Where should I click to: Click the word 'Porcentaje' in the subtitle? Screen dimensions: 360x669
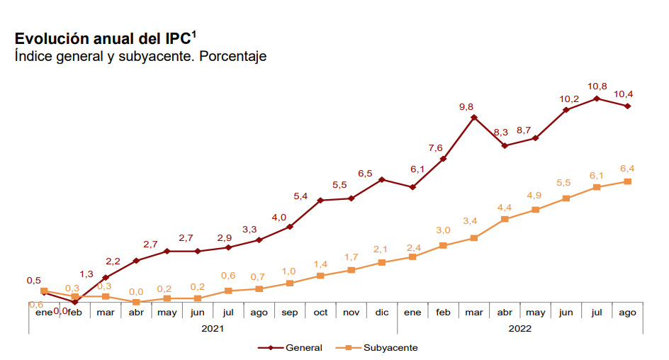[x=232, y=56]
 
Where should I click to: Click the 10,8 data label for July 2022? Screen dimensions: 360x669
[x=597, y=86]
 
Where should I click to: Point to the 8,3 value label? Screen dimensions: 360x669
[x=500, y=132]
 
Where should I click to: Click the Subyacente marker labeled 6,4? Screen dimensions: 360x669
[x=627, y=181]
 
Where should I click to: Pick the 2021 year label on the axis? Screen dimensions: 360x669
[x=213, y=328]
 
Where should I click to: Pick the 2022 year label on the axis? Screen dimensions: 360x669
[x=519, y=328]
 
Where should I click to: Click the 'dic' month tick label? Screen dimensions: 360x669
[x=382, y=312]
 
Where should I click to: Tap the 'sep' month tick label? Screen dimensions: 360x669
[x=290, y=312]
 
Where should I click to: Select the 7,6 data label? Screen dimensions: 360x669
[x=435, y=147]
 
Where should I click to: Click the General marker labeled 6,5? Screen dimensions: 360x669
[x=382, y=179]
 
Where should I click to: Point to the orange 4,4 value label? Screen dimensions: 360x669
[x=505, y=207]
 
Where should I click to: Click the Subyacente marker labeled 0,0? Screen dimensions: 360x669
[x=136, y=302]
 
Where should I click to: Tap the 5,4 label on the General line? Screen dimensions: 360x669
[x=300, y=196]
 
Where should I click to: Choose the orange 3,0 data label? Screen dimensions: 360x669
[x=443, y=230]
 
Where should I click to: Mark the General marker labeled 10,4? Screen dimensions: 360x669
[x=627, y=106]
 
